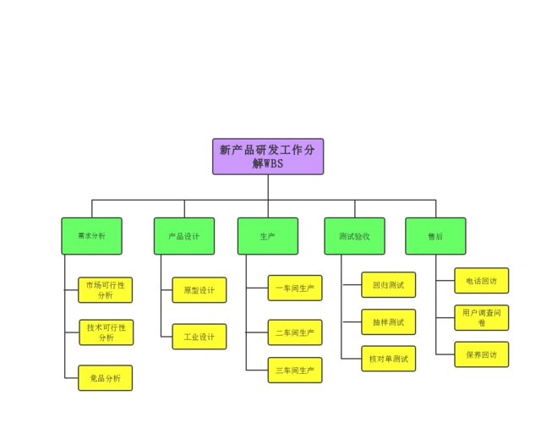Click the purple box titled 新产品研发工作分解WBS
(x=267, y=157)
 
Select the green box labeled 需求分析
(x=91, y=236)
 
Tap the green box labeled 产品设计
(x=183, y=236)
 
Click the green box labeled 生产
(x=267, y=236)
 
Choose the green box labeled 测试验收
(x=354, y=236)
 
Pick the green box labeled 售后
(x=435, y=236)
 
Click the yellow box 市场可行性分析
(x=106, y=289)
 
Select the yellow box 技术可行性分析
(x=106, y=332)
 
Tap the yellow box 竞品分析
(x=106, y=377)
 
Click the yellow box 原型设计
(x=199, y=290)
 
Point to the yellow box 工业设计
(x=199, y=337)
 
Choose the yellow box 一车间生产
(x=295, y=288)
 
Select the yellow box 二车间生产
(x=295, y=332)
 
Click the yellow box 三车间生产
(x=295, y=370)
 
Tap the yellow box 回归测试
(x=389, y=284)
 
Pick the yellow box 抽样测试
(x=389, y=321)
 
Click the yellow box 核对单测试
(x=389, y=359)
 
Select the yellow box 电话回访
(x=482, y=280)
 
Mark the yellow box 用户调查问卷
(x=482, y=317)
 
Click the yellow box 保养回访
(x=482, y=354)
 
